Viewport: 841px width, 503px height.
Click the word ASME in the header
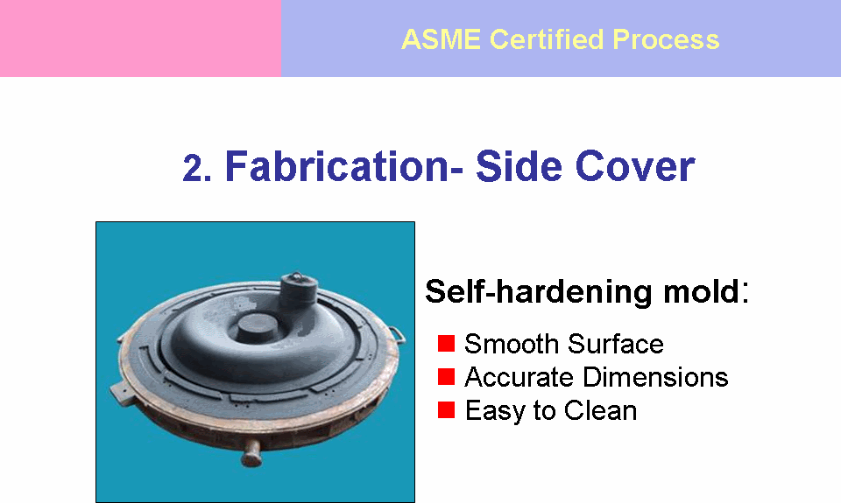click(441, 39)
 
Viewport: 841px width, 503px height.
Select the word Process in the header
click(666, 39)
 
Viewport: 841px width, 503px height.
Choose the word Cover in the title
click(636, 166)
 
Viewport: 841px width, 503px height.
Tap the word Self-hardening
click(539, 292)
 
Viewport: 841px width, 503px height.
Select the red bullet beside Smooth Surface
click(446, 344)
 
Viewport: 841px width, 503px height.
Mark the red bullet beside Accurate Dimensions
click(446, 376)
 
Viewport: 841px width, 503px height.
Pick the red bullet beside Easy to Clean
click(446, 409)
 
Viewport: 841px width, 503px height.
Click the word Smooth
click(512, 344)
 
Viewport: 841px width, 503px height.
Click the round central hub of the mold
click(257, 327)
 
